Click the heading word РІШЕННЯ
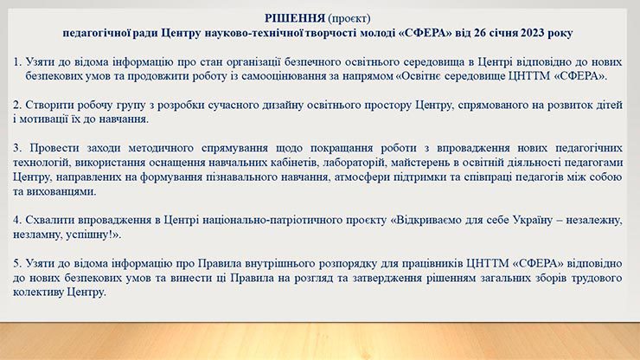click(x=294, y=18)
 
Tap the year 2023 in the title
click(x=532, y=33)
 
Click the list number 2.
click(x=16, y=105)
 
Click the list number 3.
click(x=16, y=148)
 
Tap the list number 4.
click(x=16, y=220)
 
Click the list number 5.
click(x=16, y=263)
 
